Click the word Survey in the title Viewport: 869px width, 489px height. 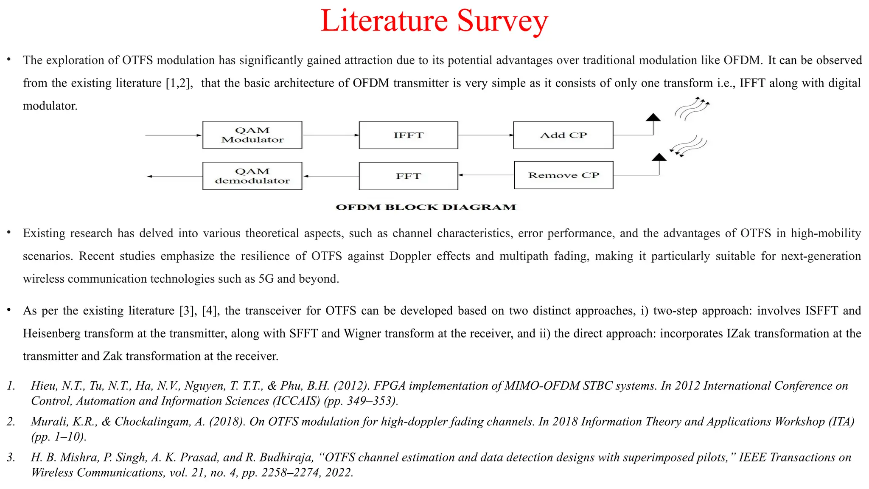pos(502,21)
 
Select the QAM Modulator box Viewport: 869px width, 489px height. pos(252,135)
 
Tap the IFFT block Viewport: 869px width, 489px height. pos(408,135)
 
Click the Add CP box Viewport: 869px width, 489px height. pos(563,135)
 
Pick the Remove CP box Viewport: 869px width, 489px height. pos(563,175)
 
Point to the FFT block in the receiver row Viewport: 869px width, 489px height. pos(408,176)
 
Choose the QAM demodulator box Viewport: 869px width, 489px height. pos(252,176)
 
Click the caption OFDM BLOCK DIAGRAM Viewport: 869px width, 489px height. pos(426,207)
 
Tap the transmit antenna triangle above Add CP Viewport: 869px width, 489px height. pos(653,118)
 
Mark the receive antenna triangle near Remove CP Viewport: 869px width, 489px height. pos(659,157)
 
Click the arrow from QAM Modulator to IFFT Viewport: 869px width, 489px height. pos(331,135)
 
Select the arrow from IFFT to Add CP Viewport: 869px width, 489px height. pos(485,135)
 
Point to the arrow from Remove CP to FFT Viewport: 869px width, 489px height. pos(486,175)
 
